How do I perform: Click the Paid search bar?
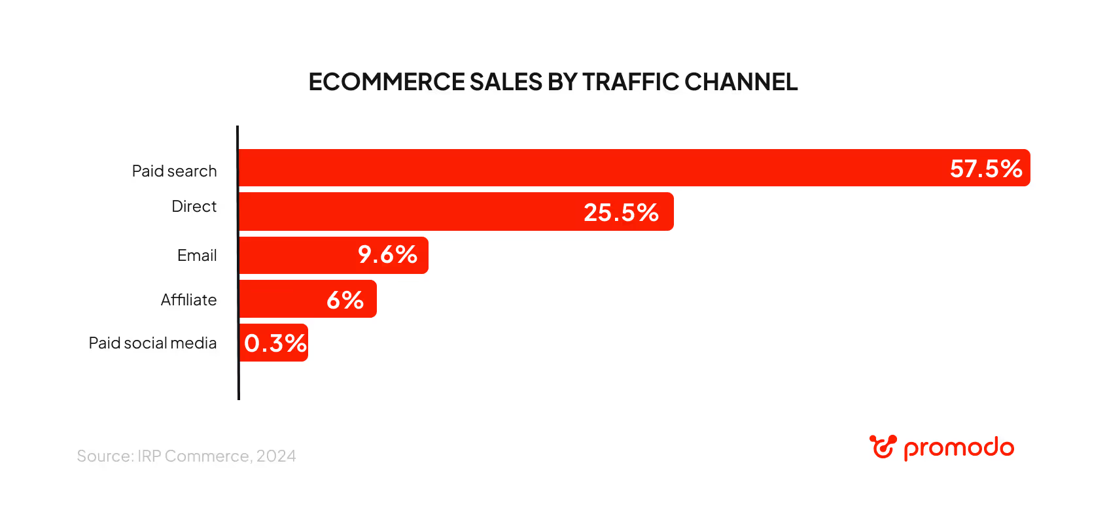(x=589, y=168)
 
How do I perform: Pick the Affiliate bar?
(x=281, y=299)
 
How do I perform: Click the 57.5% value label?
(x=986, y=169)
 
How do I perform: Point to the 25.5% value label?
(x=621, y=212)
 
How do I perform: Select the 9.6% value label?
(x=387, y=254)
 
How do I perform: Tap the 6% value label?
(x=345, y=300)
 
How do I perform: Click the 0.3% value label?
(x=275, y=343)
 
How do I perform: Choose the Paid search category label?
(x=174, y=171)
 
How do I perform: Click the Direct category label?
(x=194, y=207)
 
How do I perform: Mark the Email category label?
(x=197, y=256)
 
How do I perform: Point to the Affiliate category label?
(x=188, y=300)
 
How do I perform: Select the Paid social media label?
(x=152, y=343)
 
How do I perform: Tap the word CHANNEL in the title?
(x=741, y=82)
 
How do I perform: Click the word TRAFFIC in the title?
(x=630, y=82)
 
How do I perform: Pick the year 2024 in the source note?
(x=276, y=456)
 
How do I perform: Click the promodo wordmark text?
(x=958, y=449)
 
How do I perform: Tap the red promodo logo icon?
(x=883, y=447)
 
